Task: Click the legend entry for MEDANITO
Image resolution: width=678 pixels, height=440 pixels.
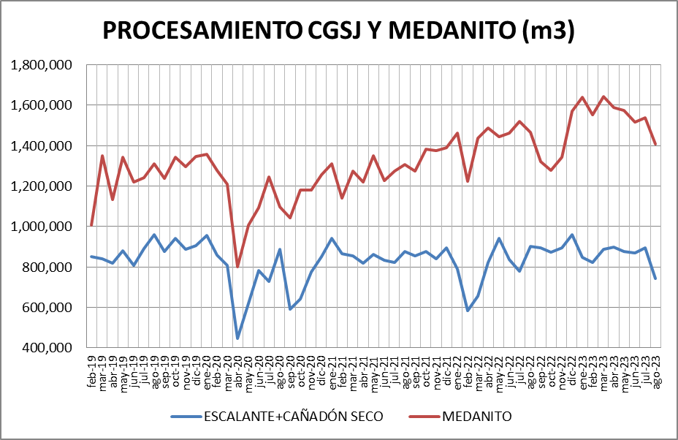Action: pyautogui.click(x=476, y=416)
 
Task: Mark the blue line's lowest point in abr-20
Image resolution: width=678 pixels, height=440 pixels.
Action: pyautogui.click(x=237, y=338)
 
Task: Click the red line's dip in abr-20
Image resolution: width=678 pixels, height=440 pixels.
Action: pyautogui.click(x=237, y=267)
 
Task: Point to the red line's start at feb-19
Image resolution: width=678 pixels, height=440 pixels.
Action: pyautogui.click(x=91, y=225)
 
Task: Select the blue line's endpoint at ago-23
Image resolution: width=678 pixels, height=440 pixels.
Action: pyautogui.click(x=655, y=278)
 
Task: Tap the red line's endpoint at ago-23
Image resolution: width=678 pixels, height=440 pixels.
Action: pyautogui.click(x=655, y=145)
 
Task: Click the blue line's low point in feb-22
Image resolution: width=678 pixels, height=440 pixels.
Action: pyautogui.click(x=468, y=311)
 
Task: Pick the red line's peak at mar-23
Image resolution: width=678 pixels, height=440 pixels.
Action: pyautogui.click(x=603, y=96)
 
